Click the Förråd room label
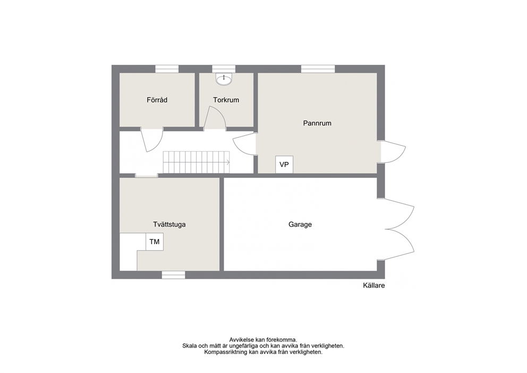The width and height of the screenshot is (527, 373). [x=157, y=100]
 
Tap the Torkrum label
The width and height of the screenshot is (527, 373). [x=226, y=100]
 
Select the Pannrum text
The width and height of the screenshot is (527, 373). [x=317, y=123]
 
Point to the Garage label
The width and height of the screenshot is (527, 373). [x=300, y=224]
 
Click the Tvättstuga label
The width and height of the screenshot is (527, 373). [x=169, y=224]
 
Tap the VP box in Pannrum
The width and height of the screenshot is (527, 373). [x=284, y=164]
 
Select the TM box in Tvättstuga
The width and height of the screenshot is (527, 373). [x=154, y=242]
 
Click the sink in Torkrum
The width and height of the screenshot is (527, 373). [x=224, y=79]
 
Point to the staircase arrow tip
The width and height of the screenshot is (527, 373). [x=229, y=162]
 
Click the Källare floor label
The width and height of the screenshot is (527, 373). [x=374, y=286]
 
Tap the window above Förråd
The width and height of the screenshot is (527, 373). [x=167, y=69]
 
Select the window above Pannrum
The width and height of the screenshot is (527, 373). [x=318, y=69]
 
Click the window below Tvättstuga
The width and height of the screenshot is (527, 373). [x=173, y=275]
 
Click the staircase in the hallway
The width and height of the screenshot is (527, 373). [x=197, y=162]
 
